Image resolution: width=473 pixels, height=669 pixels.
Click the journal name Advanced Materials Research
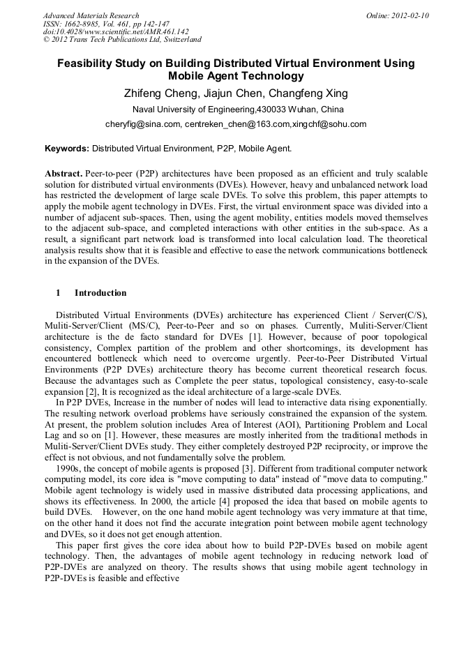coord(91,15)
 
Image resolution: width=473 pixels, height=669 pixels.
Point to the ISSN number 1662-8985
coord(87,24)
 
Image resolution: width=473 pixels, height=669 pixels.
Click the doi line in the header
coord(116,32)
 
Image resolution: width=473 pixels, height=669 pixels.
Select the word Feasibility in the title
coord(89,63)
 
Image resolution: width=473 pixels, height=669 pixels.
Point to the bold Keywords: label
coord(67,149)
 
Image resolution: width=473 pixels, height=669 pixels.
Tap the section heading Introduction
coord(100,293)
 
